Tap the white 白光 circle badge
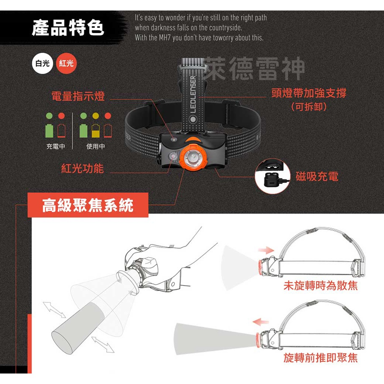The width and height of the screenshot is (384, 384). [42, 63]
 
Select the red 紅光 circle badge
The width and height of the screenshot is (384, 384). [66, 63]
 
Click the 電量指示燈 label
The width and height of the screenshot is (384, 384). [78, 96]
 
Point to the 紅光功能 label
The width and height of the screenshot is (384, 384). [82, 168]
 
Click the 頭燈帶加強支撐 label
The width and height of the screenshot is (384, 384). [309, 93]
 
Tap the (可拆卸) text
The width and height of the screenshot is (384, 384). [309, 107]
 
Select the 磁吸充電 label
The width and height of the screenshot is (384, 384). [317, 176]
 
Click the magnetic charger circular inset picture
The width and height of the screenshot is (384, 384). [272, 177]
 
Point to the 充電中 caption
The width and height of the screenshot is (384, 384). [55, 147]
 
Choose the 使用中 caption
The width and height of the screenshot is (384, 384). [96, 147]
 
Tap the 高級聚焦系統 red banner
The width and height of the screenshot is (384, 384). [88, 205]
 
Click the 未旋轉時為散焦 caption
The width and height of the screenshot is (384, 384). [320, 286]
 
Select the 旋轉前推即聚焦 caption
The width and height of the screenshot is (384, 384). [320, 358]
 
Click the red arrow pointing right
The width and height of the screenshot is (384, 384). [267, 250]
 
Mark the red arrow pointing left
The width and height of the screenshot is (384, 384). [261, 322]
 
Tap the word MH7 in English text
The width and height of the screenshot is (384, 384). [166, 38]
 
